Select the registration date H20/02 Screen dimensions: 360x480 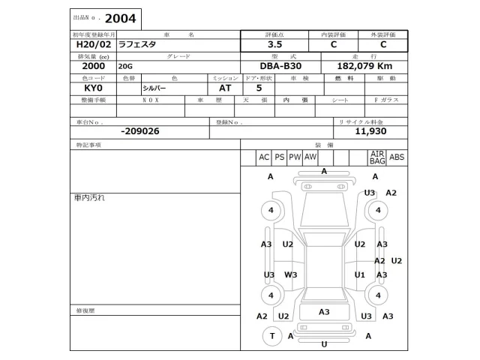tap(89, 44)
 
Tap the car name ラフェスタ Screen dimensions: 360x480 tap(137, 44)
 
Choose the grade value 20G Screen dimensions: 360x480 tap(124, 66)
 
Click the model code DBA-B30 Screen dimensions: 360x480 tap(275, 66)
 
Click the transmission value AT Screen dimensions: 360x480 tap(226, 88)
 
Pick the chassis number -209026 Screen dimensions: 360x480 tap(139, 130)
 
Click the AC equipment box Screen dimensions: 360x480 tap(264, 157)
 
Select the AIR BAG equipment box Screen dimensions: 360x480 tap(376, 157)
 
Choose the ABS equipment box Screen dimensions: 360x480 tap(397, 157)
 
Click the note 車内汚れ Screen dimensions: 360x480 tap(89, 198)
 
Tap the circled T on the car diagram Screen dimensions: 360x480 tap(271, 336)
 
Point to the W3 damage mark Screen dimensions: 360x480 tap(291, 274)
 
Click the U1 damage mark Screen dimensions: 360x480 tap(360, 274)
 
